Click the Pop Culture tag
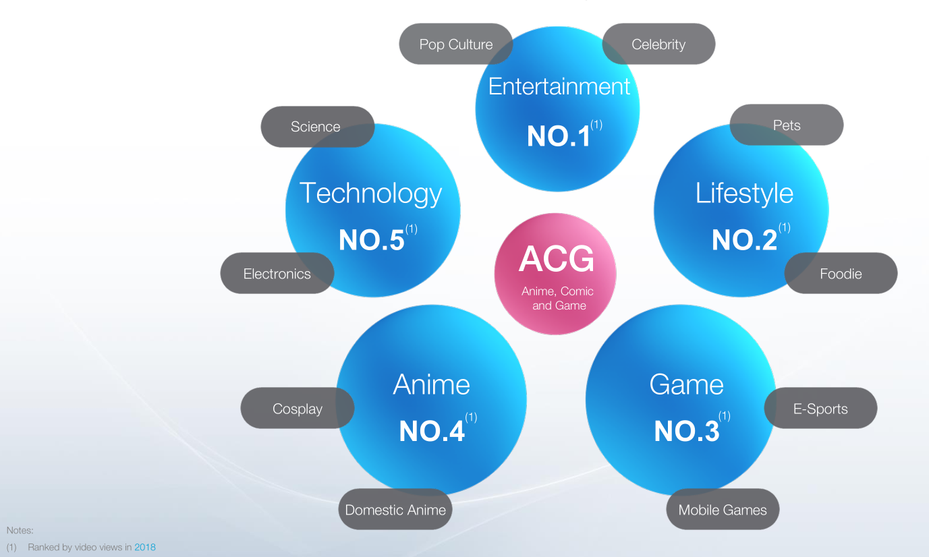[456, 44]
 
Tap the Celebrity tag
[658, 44]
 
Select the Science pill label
[318, 127]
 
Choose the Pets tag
[787, 125]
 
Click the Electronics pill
[277, 273]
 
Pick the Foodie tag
[841, 273]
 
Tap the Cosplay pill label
[298, 408]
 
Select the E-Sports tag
[821, 408]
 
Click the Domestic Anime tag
[395, 509]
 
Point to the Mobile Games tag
[723, 509]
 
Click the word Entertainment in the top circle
[559, 86]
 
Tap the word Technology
[371, 194]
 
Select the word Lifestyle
[744, 193]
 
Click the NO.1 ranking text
[558, 136]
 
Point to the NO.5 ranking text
[371, 240]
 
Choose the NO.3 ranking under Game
[687, 432]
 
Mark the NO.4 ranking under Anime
[432, 432]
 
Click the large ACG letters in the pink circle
[556, 259]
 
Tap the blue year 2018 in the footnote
[145, 547]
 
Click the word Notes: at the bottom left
[20, 530]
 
